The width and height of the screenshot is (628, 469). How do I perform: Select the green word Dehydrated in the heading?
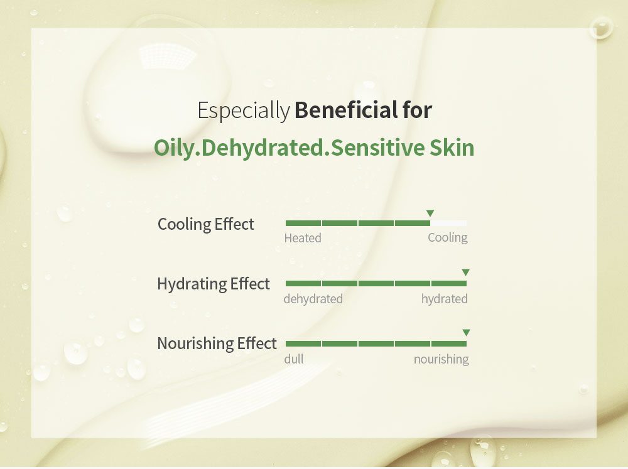click(263, 148)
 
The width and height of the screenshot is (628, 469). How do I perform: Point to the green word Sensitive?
click(377, 148)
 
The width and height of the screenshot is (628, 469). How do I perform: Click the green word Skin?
click(452, 148)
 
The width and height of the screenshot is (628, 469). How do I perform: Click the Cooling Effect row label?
click(206, 224)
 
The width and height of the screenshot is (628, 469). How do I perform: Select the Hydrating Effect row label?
click(214, 284)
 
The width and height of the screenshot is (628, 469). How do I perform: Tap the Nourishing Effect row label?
click(217, 343)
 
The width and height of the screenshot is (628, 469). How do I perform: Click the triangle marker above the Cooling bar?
click(430, 213)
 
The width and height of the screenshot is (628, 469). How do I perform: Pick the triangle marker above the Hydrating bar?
click(465, 272)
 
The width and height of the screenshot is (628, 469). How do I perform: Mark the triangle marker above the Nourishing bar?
click(466, 332)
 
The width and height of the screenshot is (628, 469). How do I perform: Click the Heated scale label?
click(303, 239)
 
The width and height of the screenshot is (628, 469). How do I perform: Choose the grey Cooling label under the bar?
click(448, 238)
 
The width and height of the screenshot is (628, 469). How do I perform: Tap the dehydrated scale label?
click(313, 299)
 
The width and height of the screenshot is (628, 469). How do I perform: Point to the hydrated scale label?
click(445, 299)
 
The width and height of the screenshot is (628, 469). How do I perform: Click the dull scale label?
click(294, 359)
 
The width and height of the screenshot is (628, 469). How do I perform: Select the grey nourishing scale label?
click(441, 359)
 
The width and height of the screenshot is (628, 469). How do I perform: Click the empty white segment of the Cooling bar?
click(448, 223)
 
